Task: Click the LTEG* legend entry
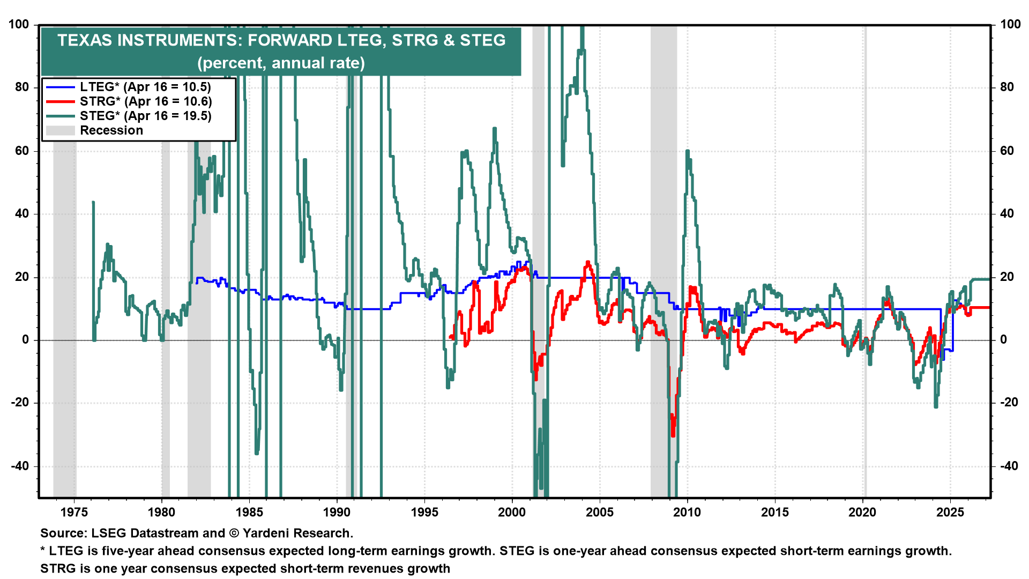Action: (145, 87)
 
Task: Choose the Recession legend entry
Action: (111, 130)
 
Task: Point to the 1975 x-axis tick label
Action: (74, 513)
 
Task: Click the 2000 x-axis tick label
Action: (512, 513)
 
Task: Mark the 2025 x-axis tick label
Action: (950, 513)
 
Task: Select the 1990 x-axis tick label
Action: (337, 513)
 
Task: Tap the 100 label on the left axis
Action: (19, 25)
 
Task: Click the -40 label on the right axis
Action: (1009, 466)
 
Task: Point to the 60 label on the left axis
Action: (22, 151)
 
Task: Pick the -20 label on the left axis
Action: (19, 403)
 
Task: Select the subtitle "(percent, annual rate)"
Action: (281, 63)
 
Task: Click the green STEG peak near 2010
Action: (687, 152)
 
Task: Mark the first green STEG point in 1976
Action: (93, 203)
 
